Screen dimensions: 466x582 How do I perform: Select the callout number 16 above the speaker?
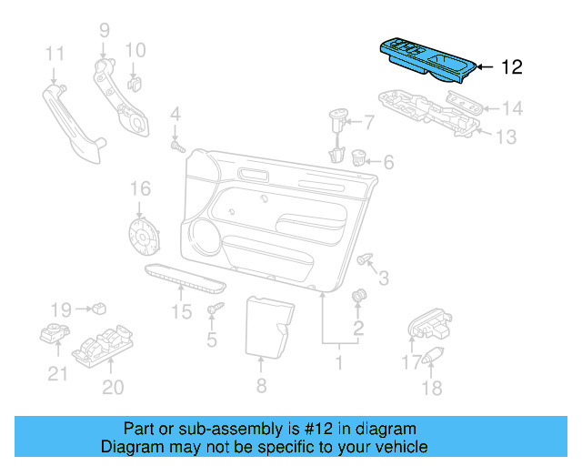click(x=138, y=189)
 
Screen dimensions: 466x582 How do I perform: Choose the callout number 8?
click(x=261, y=385)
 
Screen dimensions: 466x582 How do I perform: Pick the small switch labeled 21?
click(x=55, y=336)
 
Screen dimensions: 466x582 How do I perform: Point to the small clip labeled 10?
click(x=135, y=84)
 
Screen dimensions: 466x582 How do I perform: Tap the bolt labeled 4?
click(x=176, y=145)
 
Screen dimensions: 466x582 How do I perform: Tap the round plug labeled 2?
click(x=358, y=296)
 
